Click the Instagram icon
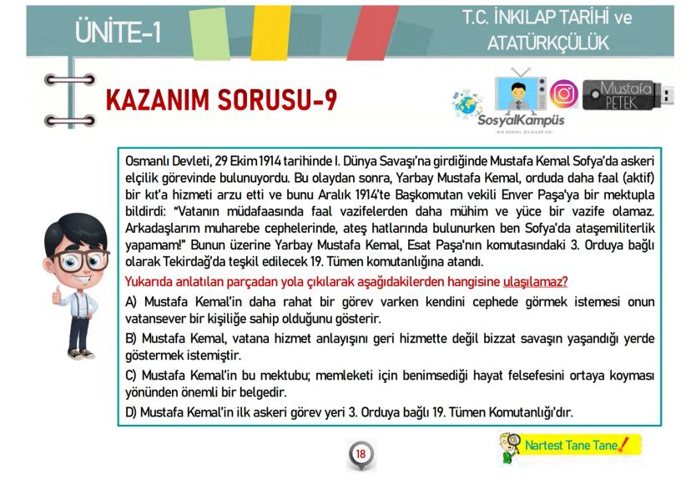pos(564,93)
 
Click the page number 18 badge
pos(361,454)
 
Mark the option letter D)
pos(131,413)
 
